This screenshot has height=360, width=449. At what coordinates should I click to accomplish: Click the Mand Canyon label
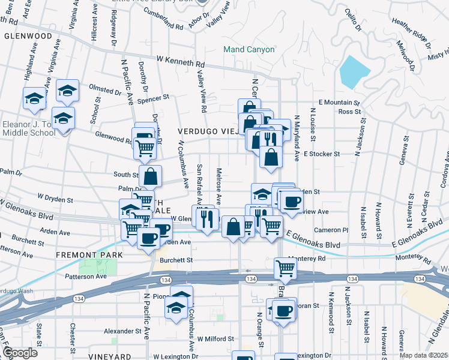coord(249,49)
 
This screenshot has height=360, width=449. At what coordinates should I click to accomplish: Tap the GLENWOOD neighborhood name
coord(28,36)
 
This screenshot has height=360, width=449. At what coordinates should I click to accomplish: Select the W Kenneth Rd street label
coord(180,61)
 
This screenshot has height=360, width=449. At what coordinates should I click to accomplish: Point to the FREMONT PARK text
coord(89,255)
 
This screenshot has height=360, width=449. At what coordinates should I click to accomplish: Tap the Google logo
coord(19,353)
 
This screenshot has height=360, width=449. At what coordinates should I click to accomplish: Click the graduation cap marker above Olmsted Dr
coord(68,91)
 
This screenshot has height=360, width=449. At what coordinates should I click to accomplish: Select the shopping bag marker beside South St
coord(151,176)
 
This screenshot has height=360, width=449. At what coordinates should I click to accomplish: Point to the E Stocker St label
coord(321,154)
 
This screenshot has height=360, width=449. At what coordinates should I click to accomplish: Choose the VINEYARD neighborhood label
coord(109,356)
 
